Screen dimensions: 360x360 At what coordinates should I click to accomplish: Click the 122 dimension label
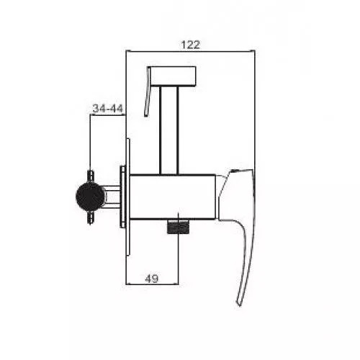tap(190, 45)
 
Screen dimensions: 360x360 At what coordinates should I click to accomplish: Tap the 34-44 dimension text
tap(108, 108)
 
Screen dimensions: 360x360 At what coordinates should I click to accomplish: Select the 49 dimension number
tap(152, 279)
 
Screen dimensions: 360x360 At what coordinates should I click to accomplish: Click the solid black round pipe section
tap(91, 197)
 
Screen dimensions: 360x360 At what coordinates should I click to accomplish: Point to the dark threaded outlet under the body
tap(178, 227)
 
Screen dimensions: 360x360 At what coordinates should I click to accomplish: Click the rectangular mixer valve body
tap(172, 197)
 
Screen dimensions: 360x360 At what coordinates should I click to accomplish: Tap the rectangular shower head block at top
tap(172, 76)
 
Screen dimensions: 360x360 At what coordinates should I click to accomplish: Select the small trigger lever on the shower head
tap(148, 92)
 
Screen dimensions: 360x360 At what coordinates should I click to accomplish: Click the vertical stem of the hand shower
tap(169, 130)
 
